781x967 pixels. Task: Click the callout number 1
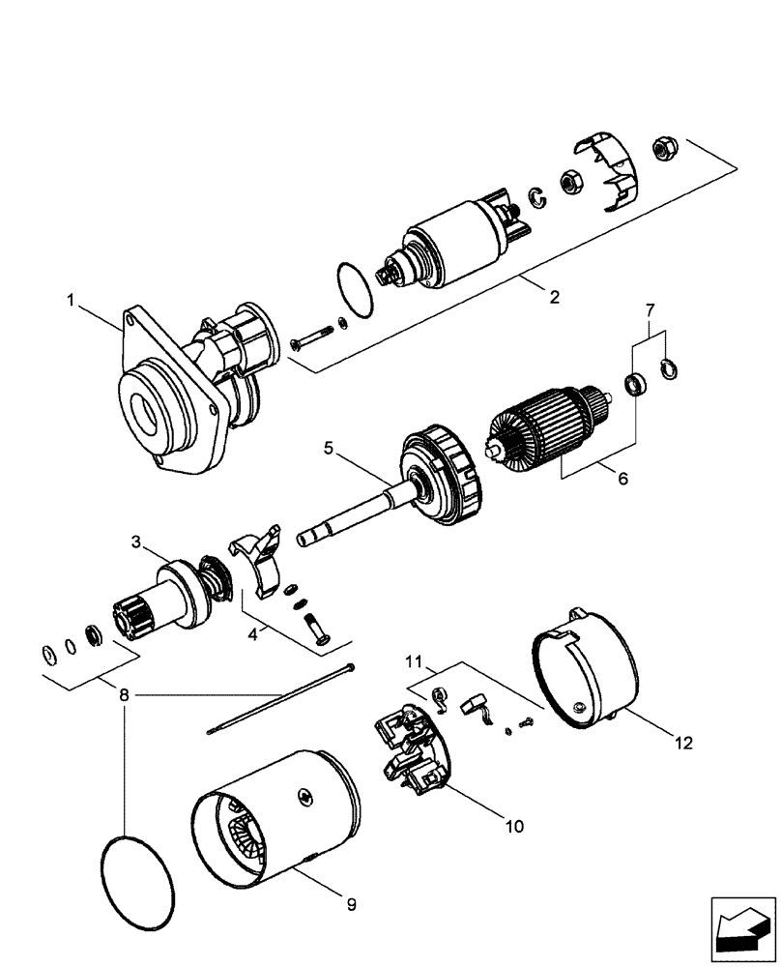(x=72, y=301)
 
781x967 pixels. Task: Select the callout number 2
(x=554, y=298)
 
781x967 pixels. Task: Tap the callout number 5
(x=329, y=449)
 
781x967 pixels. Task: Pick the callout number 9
(x=352, y=905)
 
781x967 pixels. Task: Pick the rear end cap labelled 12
(x=585, y=673)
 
